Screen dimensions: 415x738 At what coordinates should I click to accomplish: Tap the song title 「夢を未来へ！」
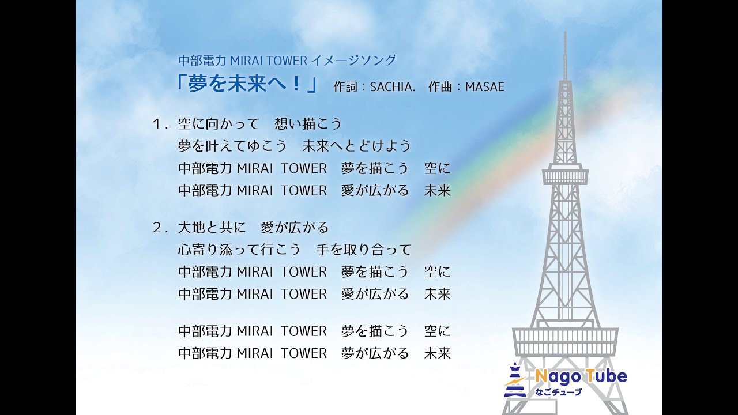click(247, 85)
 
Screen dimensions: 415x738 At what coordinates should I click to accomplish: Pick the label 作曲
click(442, 87)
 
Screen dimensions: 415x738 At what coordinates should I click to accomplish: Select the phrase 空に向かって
click(219, 124)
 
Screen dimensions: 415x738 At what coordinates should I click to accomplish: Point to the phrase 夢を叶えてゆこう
click(232, 146)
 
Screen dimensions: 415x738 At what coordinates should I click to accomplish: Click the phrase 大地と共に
click(212, 228)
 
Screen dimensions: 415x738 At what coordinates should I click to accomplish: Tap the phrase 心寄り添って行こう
click(239, 250)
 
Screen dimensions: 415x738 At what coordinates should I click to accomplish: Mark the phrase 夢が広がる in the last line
click(375, 353)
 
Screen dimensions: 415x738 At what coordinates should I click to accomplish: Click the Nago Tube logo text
click(580, 378)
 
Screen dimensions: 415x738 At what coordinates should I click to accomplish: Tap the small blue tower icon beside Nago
click(515, 380)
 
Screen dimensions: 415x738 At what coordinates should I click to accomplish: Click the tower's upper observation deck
click(565, 174)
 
